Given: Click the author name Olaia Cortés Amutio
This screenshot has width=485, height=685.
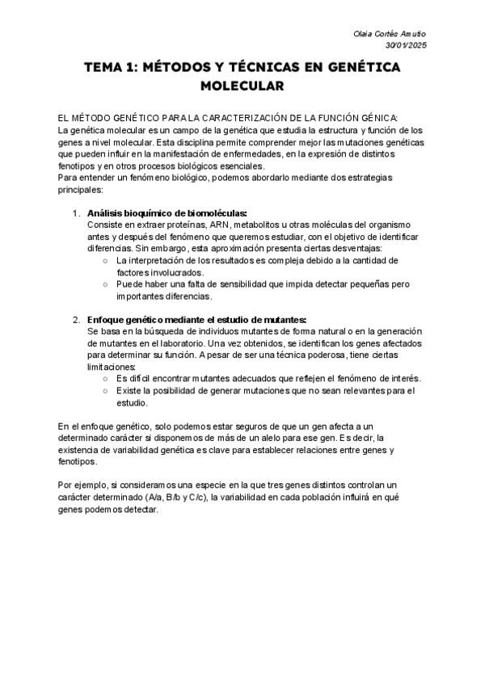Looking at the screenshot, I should pyautogui.click(x=391, y=34).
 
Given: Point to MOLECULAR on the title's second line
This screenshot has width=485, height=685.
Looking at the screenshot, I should pyautogui.click(x=242, y=85).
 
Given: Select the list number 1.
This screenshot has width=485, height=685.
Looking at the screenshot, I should pyautogui.click(x=75, y=213).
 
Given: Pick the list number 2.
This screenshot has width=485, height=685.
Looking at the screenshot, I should pyautogui.click(x=75, y=320).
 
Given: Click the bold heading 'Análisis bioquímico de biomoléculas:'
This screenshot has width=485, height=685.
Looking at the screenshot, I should pyautogui.click(x=155, y=213).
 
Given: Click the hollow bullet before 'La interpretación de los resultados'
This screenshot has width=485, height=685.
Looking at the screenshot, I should pyautogui.click(x=106, y=262).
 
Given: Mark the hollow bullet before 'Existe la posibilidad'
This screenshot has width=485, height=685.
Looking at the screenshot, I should pyautogui.click(x=106, y=391).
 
